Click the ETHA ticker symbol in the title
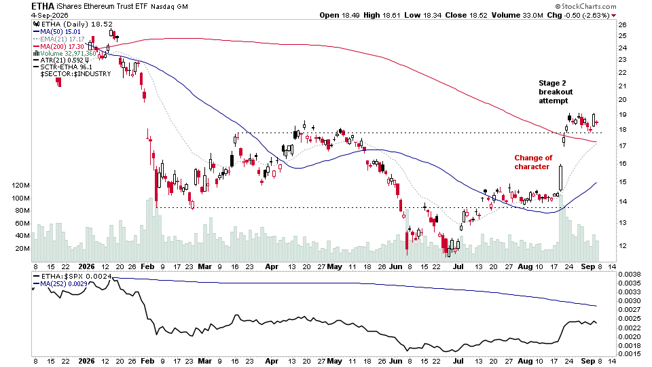click(42, 6)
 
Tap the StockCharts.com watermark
click(586, 6)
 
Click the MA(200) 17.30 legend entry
click(58, 47)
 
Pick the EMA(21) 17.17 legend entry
click(58, 39)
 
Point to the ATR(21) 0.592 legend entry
click(60, 60)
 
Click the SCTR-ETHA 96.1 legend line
click(62, 67)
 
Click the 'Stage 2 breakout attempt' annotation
click(556, 92)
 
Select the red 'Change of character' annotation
click(533, 162)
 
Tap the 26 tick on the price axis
click(623, 25)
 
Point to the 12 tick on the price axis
click(623, 246)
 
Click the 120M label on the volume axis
click(21, 186)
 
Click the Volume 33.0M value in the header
click(518, 16)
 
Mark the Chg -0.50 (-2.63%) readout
click(582, 16)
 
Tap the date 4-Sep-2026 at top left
click(50, 16)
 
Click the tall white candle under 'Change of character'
click(560, 178)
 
